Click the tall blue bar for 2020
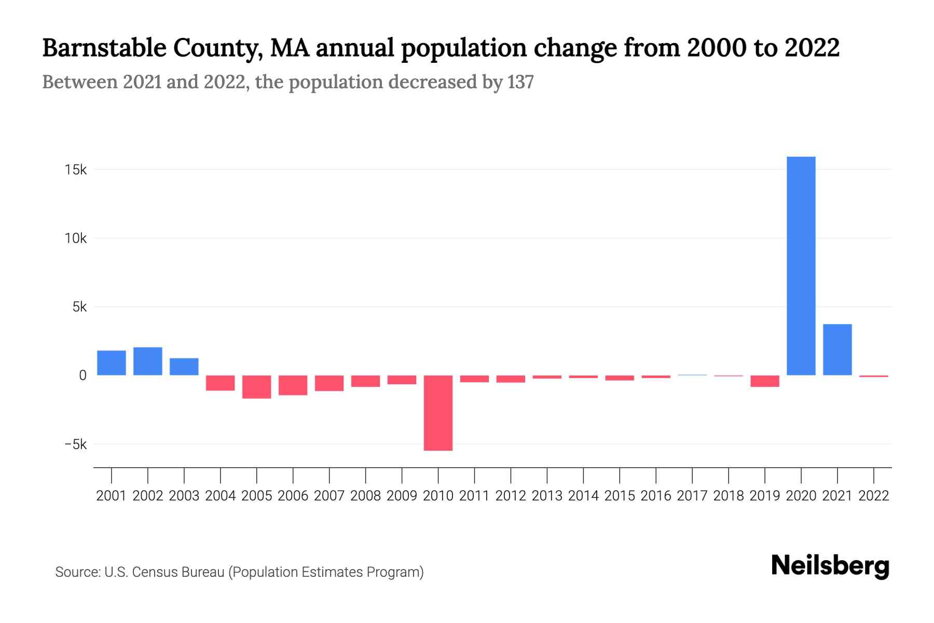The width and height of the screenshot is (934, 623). (x=801, y=266)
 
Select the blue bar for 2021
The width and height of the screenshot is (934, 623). (x=837, y=349)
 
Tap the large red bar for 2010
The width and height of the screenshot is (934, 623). (x=438, y=413)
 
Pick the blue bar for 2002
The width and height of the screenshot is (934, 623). (x=148, y=361)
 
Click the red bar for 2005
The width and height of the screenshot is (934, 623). (x=256, y=387)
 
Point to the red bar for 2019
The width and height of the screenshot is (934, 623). (x=765, y=381)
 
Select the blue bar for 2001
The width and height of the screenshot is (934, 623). (x=112, y=363)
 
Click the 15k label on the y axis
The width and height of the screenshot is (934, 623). (x=76, y=170)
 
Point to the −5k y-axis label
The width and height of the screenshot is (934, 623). (x=75, y=444)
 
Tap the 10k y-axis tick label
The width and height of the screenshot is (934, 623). (x=76, y=238)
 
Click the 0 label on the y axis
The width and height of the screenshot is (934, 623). (x=83, y=375)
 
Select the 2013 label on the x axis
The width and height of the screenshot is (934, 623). (x=547, y=496)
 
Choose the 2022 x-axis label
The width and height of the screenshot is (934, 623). (x=873, y=496)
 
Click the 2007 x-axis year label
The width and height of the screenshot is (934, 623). (x=329, y=496)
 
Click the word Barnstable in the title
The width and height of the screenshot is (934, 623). (x=104, y=48)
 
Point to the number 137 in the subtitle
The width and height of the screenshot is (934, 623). (x=520, y=82)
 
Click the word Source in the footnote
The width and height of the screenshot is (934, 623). (x=77, y=572)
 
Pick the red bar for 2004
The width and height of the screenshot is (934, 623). (x=220, y=383)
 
